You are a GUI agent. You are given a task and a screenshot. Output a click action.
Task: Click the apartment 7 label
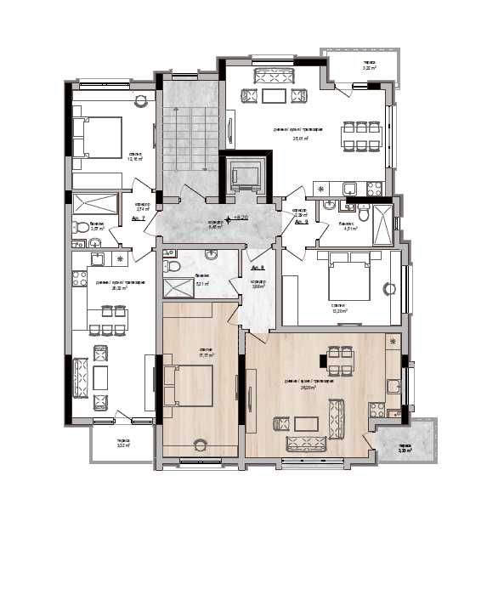click(139, 219)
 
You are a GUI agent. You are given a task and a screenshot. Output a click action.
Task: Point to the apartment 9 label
click(301, 221)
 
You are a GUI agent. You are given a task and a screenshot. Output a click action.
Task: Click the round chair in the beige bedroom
click(201, 443)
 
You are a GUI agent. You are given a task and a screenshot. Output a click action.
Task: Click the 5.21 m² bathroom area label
click(201, 286)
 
